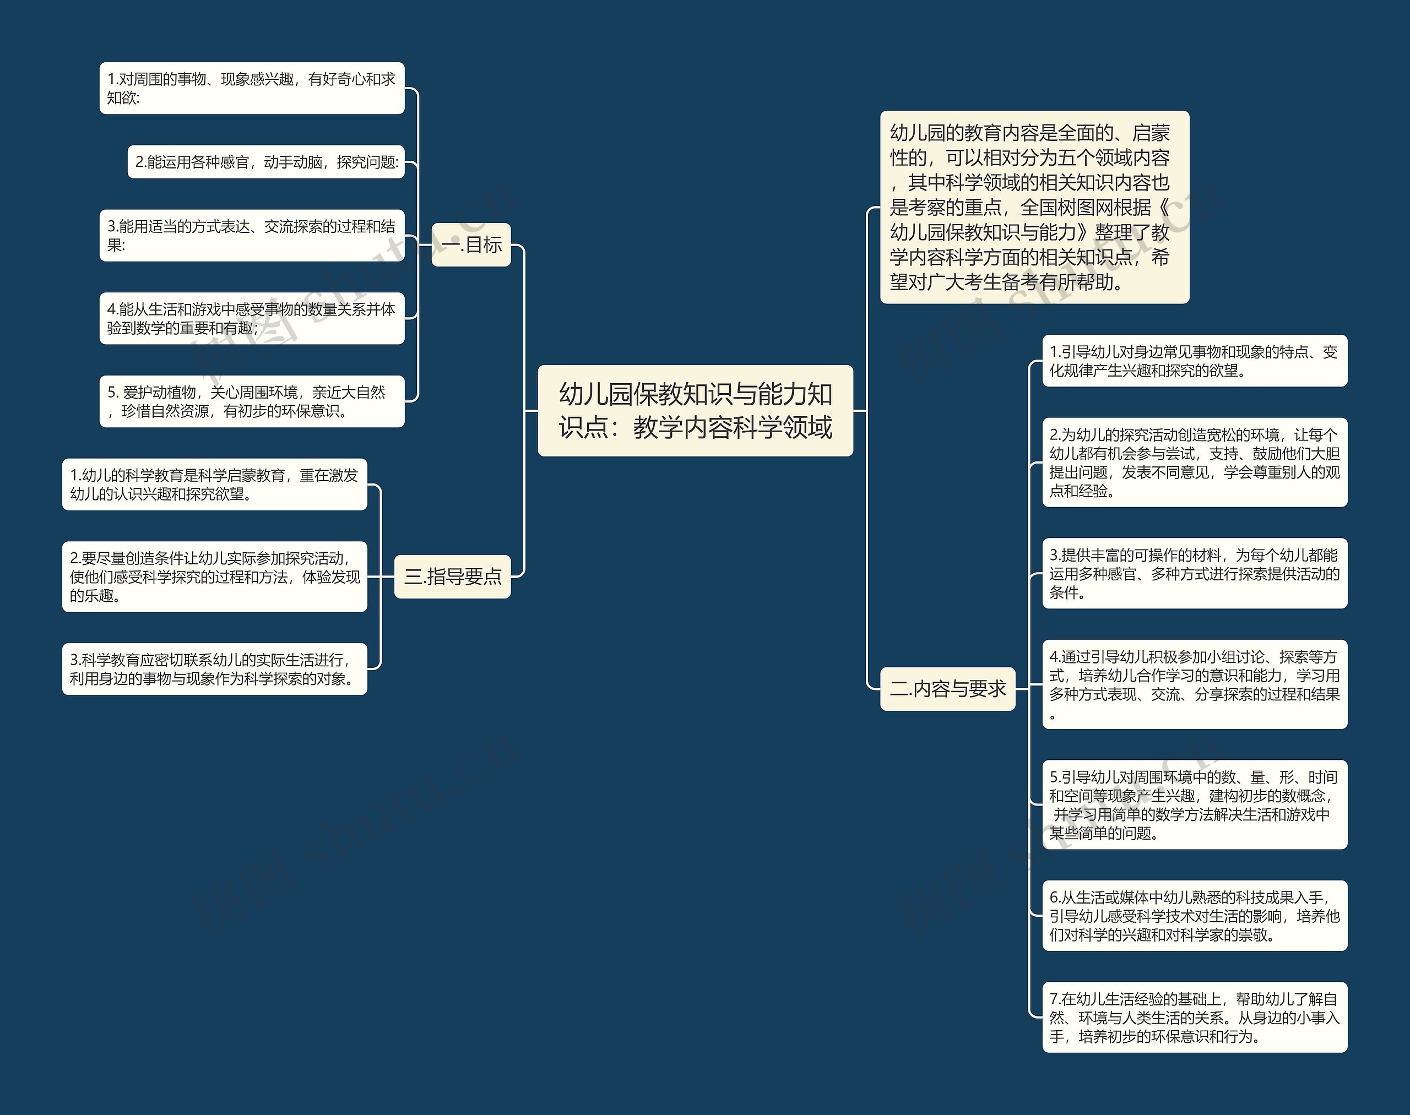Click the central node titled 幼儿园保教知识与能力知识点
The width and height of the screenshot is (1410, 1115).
[x=695, y=410]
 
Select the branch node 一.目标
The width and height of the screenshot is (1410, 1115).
[x=471, y=245]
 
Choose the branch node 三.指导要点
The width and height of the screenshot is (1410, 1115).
[x=452, y=576]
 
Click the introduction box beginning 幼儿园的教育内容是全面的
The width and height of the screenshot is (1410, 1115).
[x=1034, y=207]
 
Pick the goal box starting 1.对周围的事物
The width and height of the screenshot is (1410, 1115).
[x=252, y=88]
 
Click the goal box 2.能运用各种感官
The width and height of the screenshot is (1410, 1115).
[x=266, y=162]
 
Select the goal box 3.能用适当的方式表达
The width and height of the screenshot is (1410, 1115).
[x=252, y=236]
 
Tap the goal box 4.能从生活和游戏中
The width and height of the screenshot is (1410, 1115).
[x=252, y=319]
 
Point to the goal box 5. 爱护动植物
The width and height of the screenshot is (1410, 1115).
[x=252, y=401]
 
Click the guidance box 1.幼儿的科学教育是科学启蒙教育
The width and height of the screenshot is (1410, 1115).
[x=214, y=485]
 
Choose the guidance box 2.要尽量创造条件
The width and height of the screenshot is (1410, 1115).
[x=214, y=576]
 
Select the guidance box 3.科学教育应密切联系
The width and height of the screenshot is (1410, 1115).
[x=214, y=669]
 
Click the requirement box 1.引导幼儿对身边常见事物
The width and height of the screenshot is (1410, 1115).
[x=1195, y=361]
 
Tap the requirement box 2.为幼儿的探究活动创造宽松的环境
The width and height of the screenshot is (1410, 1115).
[x=1195, y=462]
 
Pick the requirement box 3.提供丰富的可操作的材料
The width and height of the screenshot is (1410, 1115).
[x=1195, y=573]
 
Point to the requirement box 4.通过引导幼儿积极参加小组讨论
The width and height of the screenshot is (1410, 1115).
[x=1195, y=684]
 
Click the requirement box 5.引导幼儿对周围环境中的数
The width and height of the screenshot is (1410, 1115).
[x=1195, y=804]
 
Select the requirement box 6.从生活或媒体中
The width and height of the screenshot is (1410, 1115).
[x=1195, y=915]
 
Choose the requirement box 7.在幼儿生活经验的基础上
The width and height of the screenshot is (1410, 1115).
[x=1195, y=1017]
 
